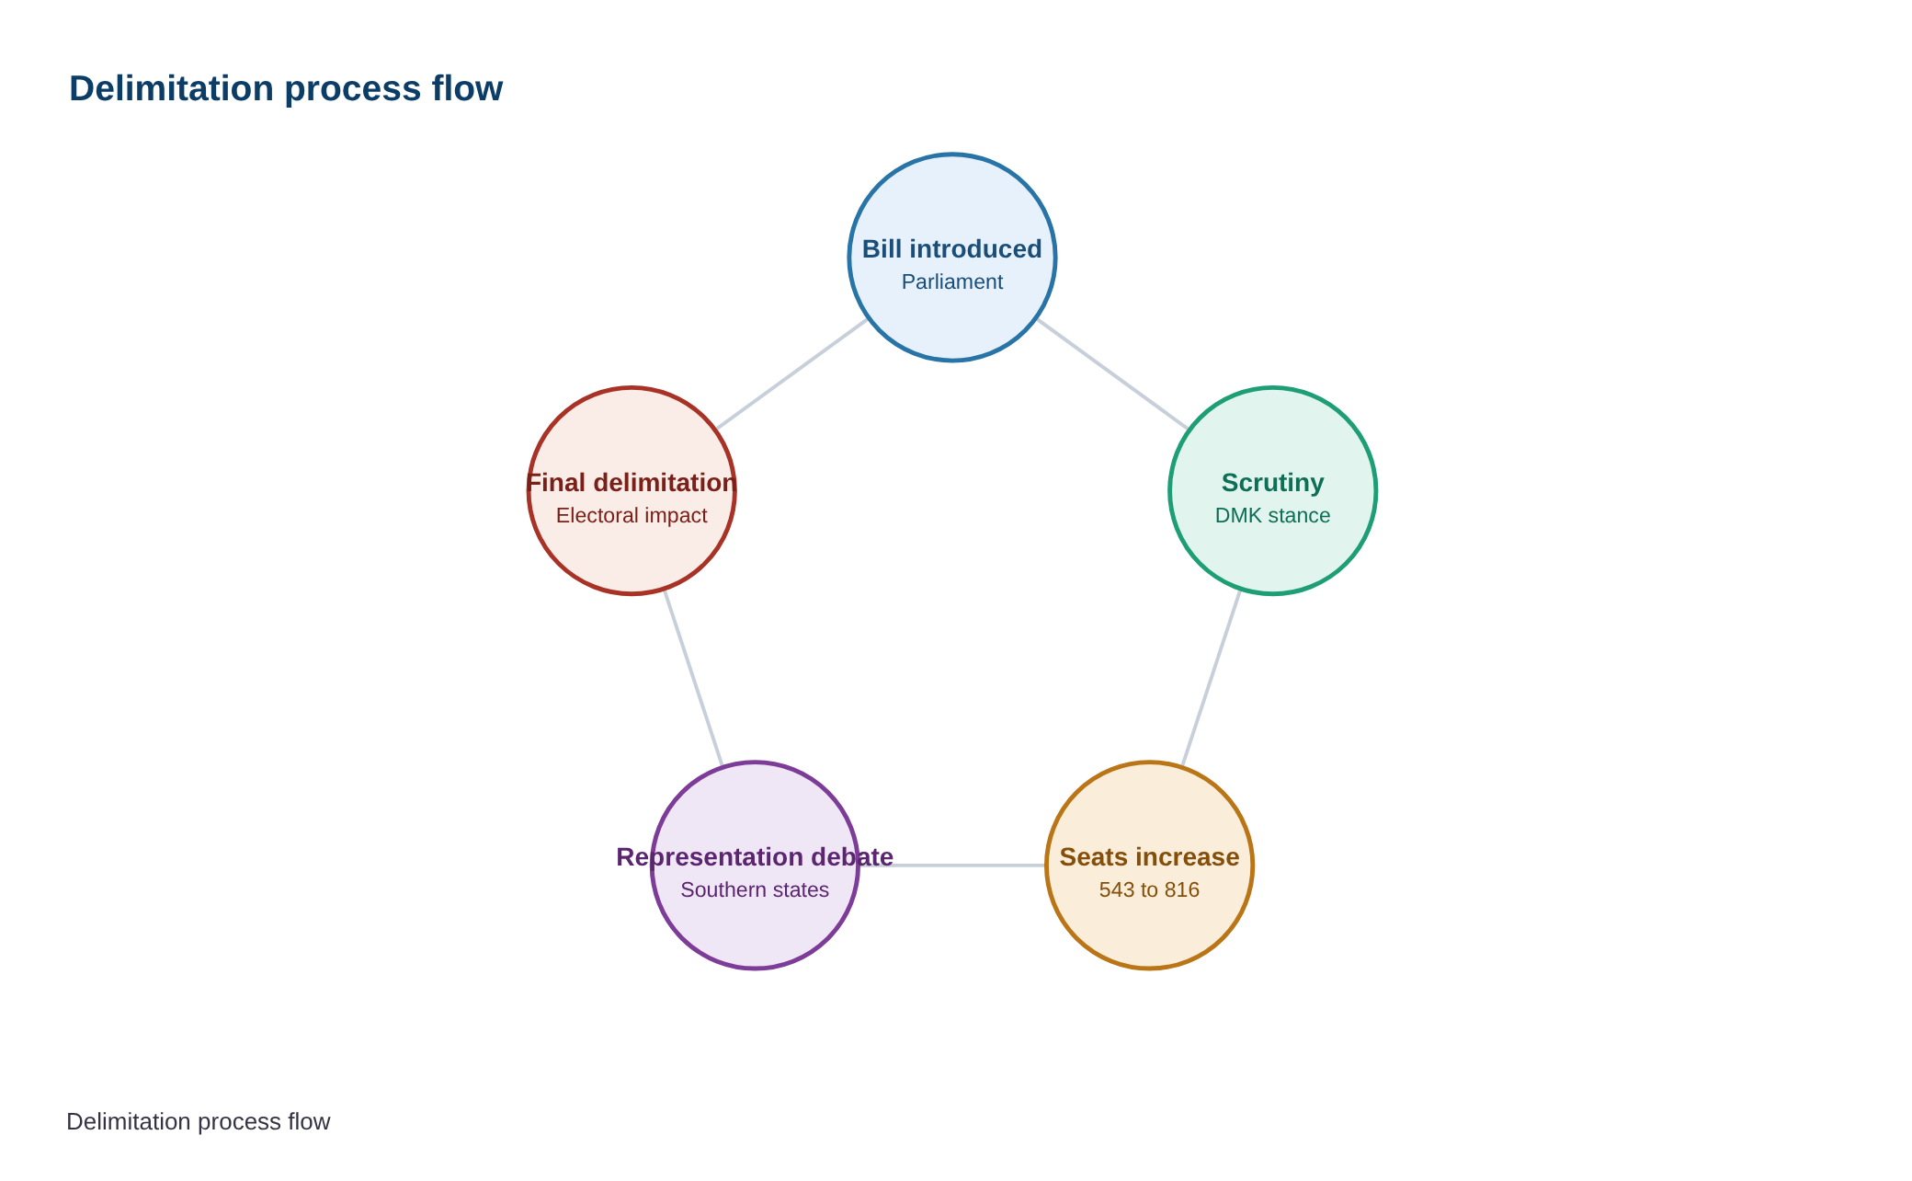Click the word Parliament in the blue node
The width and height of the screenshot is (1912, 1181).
click(952, 282)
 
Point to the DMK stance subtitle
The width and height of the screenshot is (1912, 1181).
click(1273, 516)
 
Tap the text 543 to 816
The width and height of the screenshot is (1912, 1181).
click(1149, 890)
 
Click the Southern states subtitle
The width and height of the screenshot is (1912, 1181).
click(755, 890)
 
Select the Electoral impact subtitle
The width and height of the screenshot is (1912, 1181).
click(632, 516)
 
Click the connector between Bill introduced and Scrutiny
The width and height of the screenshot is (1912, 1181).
click(1112, 374)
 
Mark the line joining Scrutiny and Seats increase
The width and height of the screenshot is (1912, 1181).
click(1212, 678)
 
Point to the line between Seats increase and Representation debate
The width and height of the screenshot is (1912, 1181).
click(952, 866)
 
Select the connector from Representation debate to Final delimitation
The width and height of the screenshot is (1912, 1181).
click(693, 678)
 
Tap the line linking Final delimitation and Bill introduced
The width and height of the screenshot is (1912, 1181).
click(791, 374)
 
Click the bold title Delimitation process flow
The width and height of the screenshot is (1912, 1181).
click(286, 89)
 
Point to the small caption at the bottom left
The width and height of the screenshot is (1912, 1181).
click(199, 1122)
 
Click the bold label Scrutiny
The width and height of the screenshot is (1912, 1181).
click(1273, 483)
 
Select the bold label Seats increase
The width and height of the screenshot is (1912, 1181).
click(1149, 857)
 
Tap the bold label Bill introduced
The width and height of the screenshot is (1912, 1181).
click(952, 249)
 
